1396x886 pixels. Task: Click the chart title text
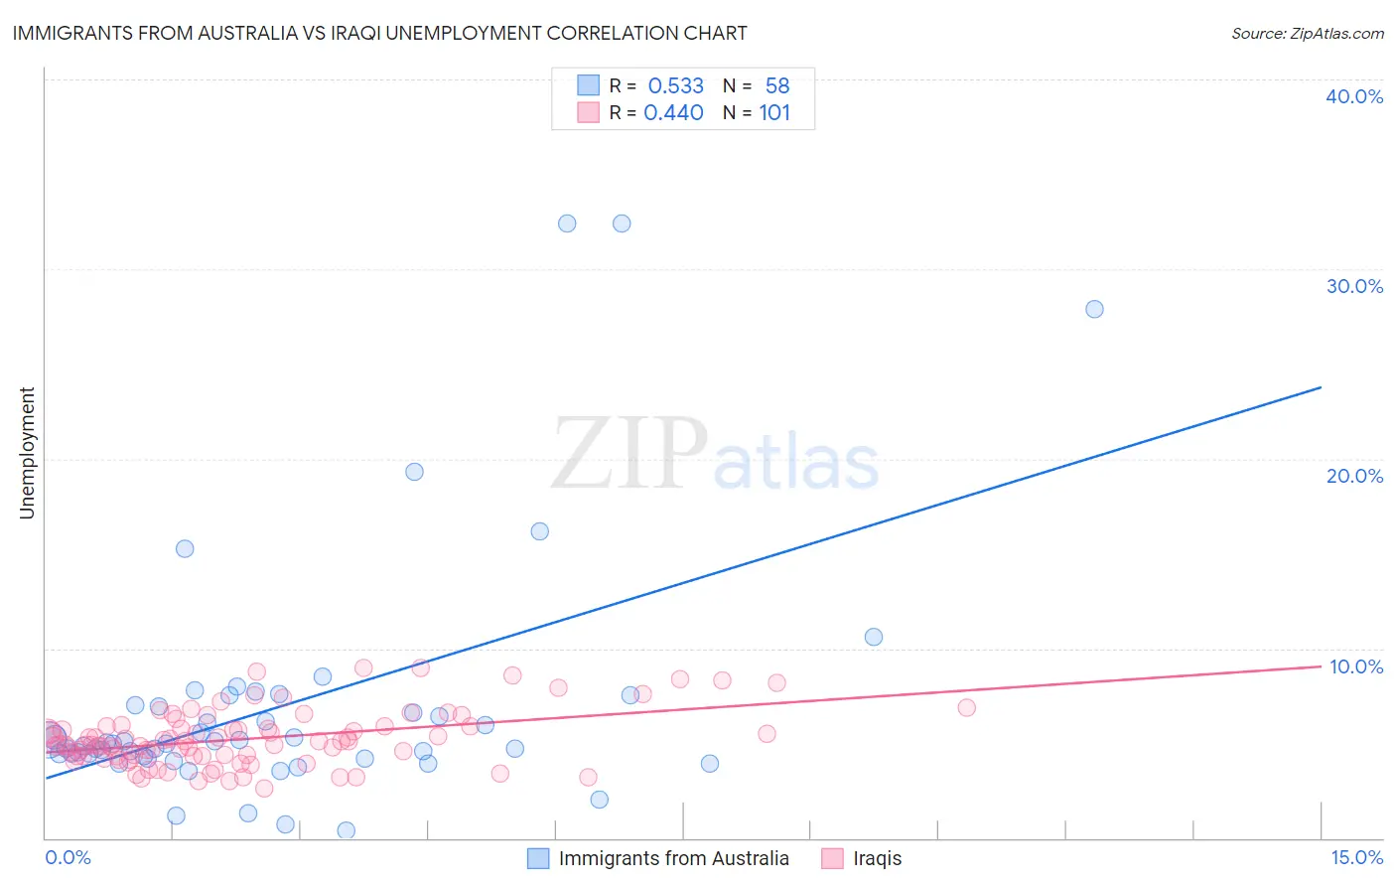tap(379, 33)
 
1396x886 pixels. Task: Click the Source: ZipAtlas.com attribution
tap(1307, 33)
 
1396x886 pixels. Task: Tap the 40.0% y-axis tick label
tap(1353, 96)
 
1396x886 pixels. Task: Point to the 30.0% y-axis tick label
tap(1353, 286)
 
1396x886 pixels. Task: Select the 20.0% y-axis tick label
tap(1353, 476)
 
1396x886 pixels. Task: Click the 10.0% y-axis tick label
tap(1355, 666)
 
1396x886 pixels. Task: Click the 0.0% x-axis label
tap(68, 857)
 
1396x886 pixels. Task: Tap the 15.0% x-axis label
tap(1356, 857)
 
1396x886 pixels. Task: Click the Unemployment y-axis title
tap(27, 453)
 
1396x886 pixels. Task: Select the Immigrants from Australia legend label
tap(673, 858)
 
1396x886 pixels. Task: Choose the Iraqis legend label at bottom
tap(877, 858)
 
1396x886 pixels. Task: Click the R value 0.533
tap(675, 86)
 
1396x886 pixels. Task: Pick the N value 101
tap(774, 113)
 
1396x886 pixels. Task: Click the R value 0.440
tap(673, 113)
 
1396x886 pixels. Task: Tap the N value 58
tap(777, 86)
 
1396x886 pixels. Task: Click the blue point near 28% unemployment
tap(1094, 309)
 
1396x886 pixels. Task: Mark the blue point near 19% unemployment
tap(415, 472)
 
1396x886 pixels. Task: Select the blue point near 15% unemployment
tap(185, 548)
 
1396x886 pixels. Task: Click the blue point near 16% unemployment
tap(540, 531)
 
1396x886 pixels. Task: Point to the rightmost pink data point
tap(966, 707)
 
